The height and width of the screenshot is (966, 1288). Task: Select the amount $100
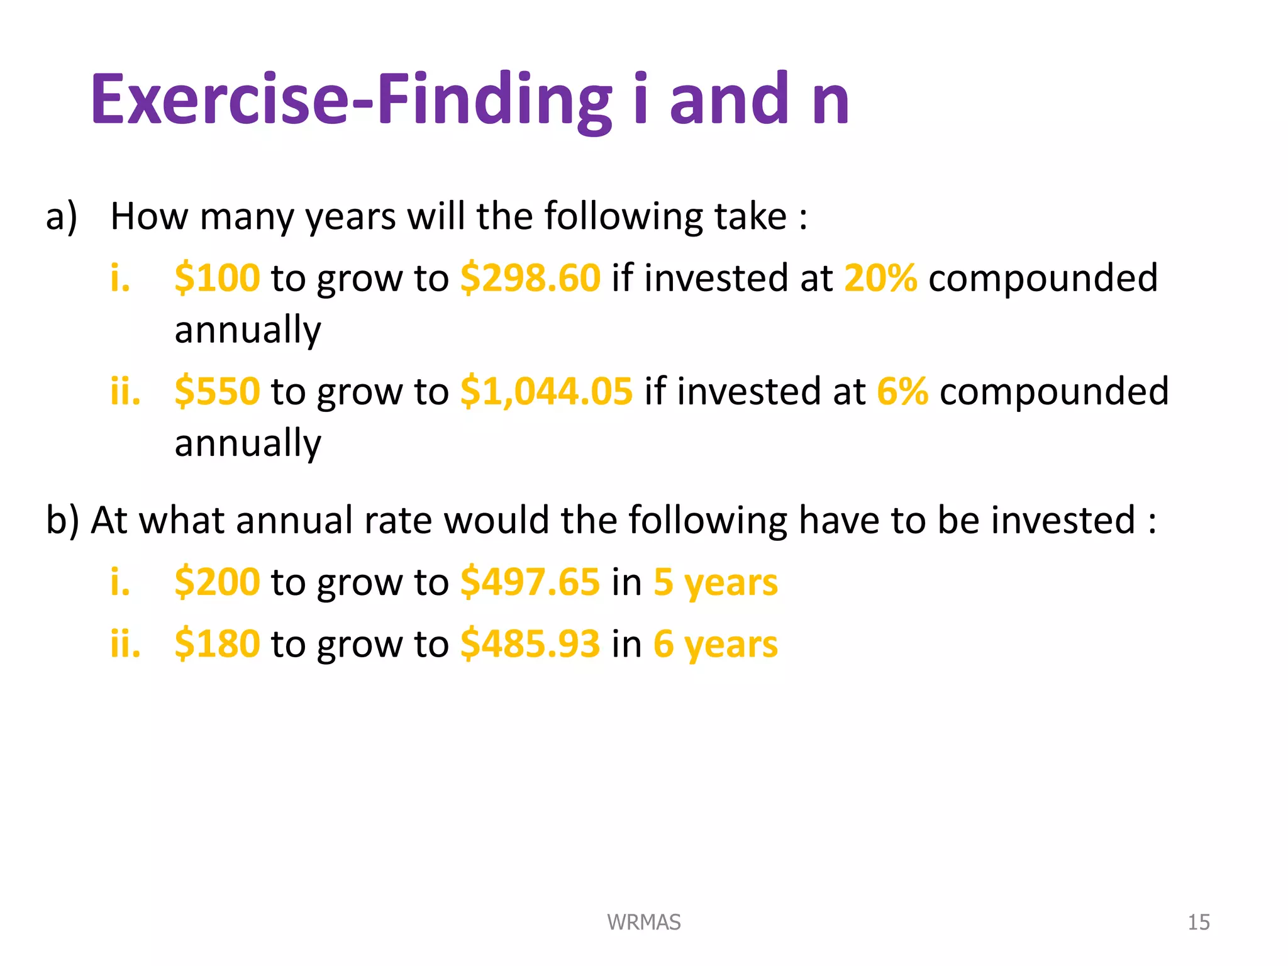point(217,278)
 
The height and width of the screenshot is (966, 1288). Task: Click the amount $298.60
point(530,278)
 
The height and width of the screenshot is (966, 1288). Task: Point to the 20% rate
point(880,278)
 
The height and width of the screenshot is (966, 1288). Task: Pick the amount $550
point(217,391)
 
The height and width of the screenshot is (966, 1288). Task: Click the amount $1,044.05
point(546,391)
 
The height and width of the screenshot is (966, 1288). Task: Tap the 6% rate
point(902,391)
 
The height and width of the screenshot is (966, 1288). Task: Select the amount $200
point(217,582)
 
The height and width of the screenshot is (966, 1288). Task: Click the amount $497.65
point(530,582)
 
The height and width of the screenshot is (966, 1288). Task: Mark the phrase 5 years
point(715,582)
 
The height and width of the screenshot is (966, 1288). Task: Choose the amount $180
point(217,644)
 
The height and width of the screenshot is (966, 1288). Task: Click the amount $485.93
point(530,644)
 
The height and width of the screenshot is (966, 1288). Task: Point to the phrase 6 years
point(715,644)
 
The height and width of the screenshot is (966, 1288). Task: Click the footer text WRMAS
point(643,922)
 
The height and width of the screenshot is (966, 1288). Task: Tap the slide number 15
point(1198,922)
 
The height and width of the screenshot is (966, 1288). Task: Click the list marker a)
point(62,216)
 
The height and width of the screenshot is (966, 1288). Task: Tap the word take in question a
point(750,216)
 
